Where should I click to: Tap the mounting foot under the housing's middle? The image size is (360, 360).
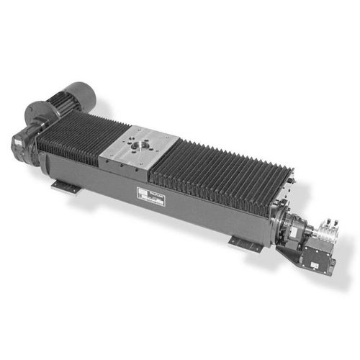pos(245,244)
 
